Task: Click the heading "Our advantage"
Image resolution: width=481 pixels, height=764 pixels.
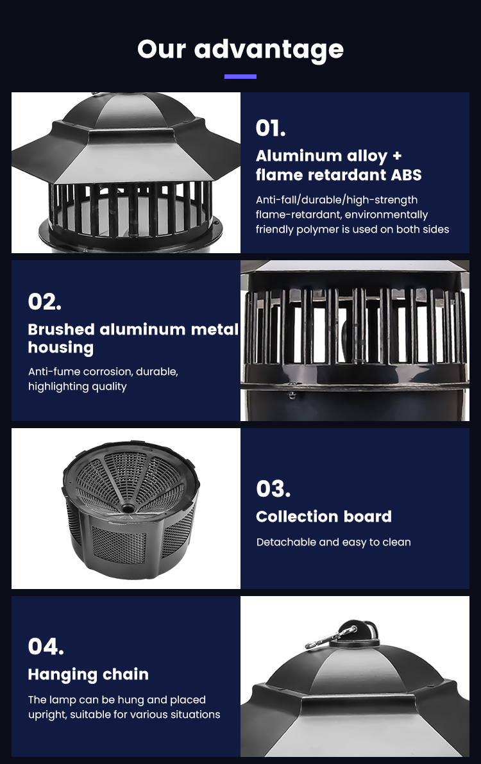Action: [x=240, y=50]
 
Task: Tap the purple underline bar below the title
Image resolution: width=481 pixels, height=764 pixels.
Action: [x=240, y=76]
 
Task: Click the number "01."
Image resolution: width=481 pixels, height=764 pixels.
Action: [x=271, y=128]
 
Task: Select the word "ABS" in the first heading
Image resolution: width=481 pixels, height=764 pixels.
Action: [x=407, y=175]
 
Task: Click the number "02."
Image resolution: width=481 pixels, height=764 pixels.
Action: [x=45, y=302]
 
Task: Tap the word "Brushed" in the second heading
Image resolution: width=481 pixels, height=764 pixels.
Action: [x=62, y=329]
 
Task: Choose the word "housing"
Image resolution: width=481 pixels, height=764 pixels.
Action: [x=61, y=348]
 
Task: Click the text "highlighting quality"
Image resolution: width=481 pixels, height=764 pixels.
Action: [x=78, y=387]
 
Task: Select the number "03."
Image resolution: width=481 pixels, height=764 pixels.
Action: [x=273, y=488]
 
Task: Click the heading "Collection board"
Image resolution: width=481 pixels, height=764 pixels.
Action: [x=324, y=517]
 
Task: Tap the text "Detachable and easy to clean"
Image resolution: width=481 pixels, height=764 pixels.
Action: [x=333, y=542]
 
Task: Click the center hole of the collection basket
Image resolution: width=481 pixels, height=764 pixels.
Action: [x=128, y=509]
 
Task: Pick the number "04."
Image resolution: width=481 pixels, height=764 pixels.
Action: [x=46, y=647]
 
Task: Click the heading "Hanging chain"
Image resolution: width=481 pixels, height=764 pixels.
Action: [x=89, y=674]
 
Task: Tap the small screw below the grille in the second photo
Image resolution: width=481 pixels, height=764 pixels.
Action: [x=292, y=395]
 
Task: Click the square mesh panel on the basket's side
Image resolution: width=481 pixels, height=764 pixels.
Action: [x=119, y=544]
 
